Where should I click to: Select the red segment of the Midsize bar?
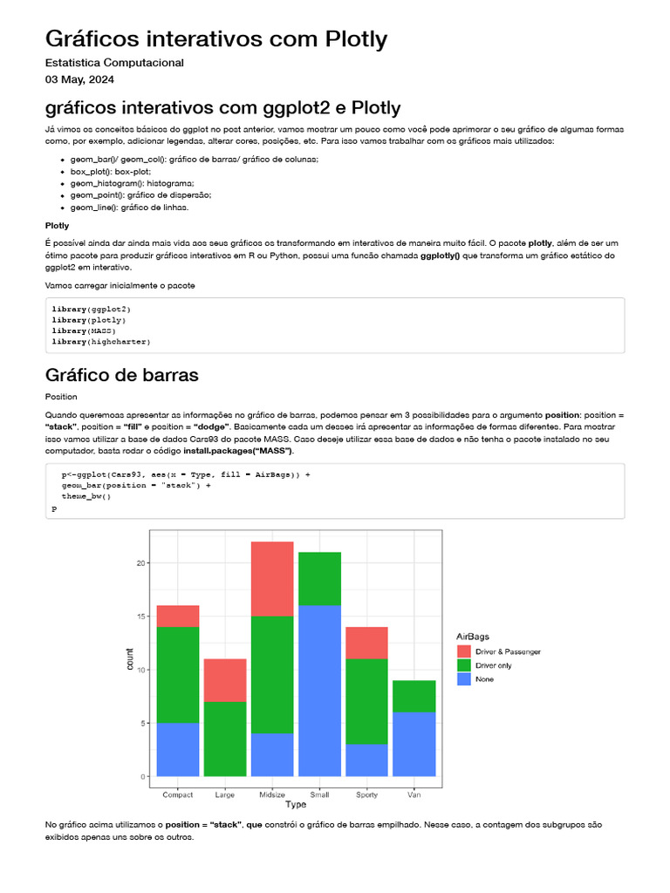point(272,579)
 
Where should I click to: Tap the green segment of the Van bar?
point(414,696)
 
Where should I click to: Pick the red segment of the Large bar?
point(225,680)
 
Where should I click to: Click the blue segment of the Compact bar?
point(178,749)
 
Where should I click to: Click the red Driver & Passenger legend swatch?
point(464,651)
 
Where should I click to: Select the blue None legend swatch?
point(464,678)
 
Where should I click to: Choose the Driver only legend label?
point(494,665)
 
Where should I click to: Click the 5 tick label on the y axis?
point(142,723)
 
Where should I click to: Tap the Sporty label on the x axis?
point(366,794)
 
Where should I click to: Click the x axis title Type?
point(296,805)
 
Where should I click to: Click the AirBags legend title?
point(474,637)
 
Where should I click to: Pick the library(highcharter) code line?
point(101,342)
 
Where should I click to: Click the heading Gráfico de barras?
point(122,375)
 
